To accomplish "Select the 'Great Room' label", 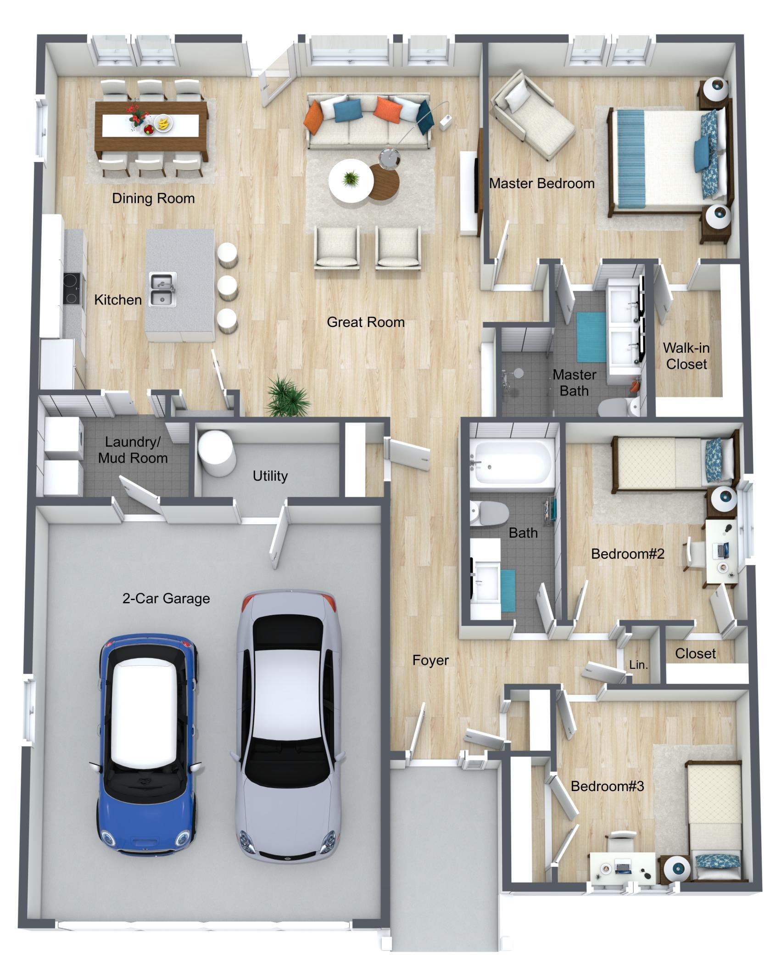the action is click(366, 322).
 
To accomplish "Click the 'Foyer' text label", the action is click(430, 660).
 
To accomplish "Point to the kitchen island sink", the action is click(162, 290).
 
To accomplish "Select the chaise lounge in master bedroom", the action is click(531, 115).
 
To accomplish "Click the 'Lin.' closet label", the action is click(638, 664).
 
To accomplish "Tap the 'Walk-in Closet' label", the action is click(686, 356).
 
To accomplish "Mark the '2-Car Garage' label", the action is click(166, 599).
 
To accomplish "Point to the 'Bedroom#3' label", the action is click(608, 786).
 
